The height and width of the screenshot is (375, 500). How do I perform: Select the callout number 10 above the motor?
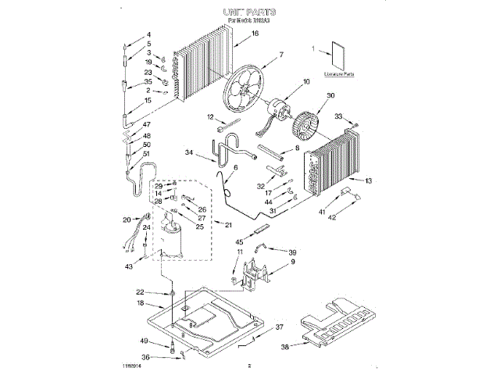tap(306, 81)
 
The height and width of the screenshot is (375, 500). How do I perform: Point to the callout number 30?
tap(330, 95)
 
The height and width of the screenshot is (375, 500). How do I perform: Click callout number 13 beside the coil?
tap(369, 180)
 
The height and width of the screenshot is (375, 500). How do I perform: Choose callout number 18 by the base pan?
tap(139, 302)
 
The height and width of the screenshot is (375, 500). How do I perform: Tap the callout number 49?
tap(144, 341)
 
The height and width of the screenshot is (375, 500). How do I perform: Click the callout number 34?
tap(188, 153)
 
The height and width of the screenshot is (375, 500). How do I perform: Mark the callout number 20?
tap(127, 220)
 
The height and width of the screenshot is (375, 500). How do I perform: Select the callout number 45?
tap(239, 243)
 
